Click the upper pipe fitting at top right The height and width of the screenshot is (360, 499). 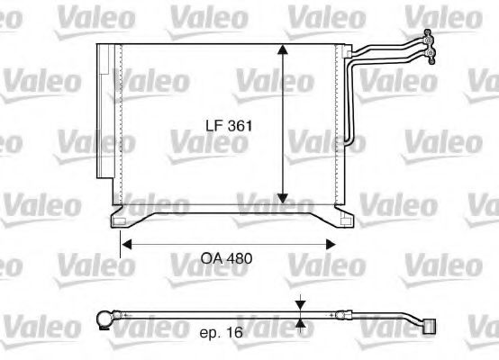point(430,38)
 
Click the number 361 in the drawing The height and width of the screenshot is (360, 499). point(238,127)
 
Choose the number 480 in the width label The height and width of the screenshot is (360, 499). point(238,258)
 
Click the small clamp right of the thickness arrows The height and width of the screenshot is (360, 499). point(343,316)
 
